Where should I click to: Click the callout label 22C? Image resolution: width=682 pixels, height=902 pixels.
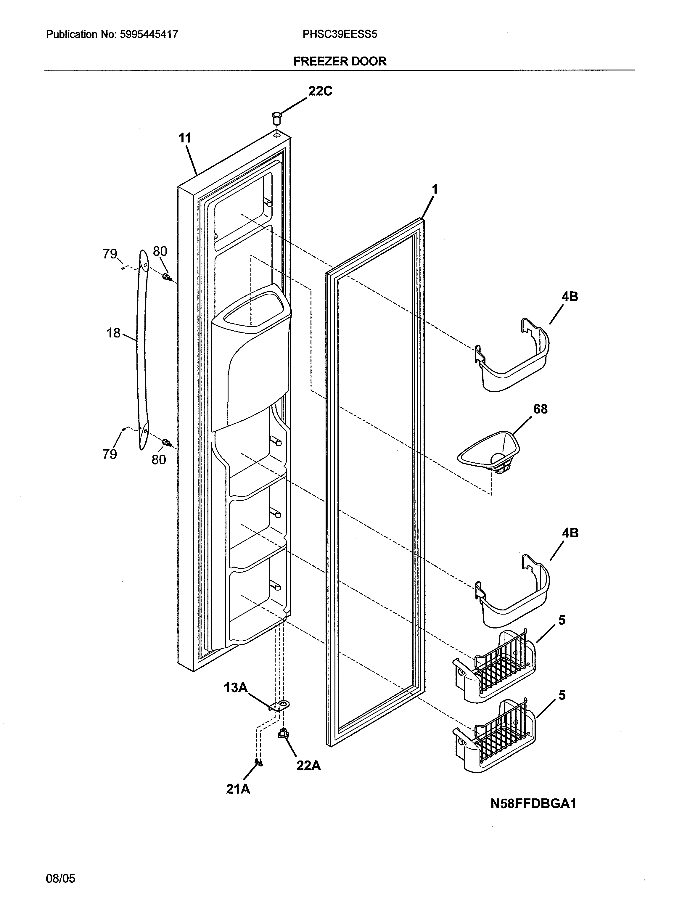320,91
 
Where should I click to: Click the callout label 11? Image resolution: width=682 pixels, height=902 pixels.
185,138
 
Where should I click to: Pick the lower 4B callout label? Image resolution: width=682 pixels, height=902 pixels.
570,533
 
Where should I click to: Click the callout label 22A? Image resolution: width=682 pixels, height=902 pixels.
308,766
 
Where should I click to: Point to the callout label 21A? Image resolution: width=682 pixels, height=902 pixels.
238,789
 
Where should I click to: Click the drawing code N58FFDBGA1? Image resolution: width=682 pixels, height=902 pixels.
533,803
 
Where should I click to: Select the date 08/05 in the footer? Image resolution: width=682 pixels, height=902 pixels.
60,878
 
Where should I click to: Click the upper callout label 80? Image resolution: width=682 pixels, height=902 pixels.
160,251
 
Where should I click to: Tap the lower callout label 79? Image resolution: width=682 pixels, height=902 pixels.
110,454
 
